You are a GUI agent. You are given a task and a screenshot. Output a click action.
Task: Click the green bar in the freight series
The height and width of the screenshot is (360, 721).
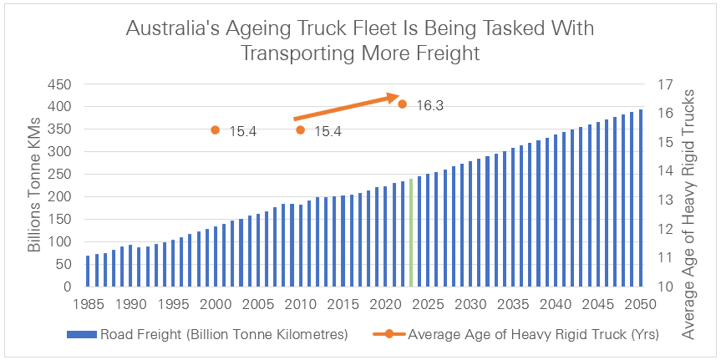pyautogui.click(x=411, y=232)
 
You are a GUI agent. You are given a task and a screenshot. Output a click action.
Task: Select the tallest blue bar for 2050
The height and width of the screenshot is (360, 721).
pyautogui.click(x=641, y=198)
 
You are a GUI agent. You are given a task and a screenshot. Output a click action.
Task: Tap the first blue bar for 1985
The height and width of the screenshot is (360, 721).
pyautogui.click(x=88, y=271)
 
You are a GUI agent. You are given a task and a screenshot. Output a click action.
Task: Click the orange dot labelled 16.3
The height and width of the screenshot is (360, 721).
pyautogui.click(x=403, y=104)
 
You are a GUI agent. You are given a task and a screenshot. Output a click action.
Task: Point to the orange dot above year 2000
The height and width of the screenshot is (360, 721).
pyautogui.click(x=216, y=130)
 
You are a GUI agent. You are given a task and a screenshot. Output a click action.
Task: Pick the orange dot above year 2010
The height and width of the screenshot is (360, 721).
pyautogui.click(x=301, y=130)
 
